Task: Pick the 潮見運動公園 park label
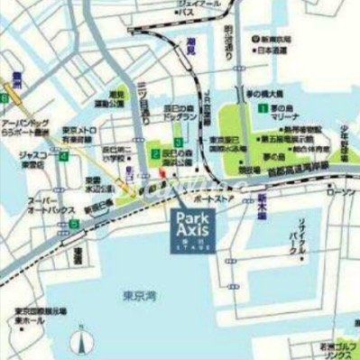(115, 99)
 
